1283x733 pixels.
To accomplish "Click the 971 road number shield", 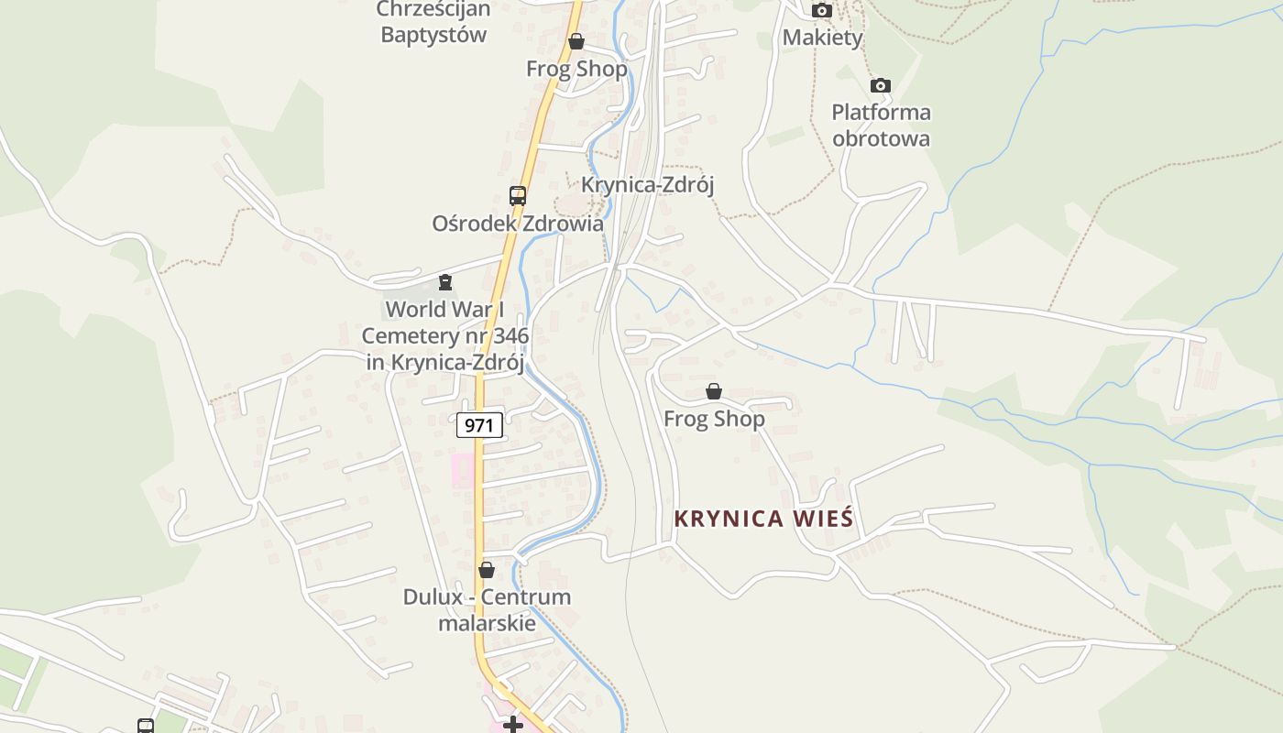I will tap(479, 425).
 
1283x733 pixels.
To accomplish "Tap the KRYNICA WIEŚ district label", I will tap(763, 519).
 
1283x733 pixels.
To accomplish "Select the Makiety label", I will tap(822, 38).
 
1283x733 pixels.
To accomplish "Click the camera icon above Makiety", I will tap(822, 11).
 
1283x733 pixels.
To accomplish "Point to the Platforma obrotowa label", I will tap(881, 126).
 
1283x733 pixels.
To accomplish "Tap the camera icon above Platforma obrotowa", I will tap(881, 86).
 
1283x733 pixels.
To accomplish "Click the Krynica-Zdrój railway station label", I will tap(647, 184).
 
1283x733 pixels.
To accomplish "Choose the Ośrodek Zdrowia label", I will tap(518, 224).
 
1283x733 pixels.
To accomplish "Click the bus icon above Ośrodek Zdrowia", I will tap(518, 195).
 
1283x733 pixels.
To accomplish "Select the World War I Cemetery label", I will tap(445, 335).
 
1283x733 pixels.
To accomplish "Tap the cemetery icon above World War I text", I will tap(445, 282).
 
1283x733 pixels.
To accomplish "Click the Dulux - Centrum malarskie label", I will tap(487, 609).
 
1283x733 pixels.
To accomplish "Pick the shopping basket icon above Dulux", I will tap(487, 570).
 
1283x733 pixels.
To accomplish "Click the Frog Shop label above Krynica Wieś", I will tap(714, 419).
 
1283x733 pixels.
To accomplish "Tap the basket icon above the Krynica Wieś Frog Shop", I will tap(714, 392).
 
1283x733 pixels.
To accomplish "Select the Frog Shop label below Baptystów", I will tap(576, 69).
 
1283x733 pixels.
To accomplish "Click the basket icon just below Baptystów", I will tap(576, 41).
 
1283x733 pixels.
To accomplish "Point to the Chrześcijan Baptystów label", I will tap(433, 23).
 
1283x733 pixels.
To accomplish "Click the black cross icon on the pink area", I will tap(513, 725).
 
